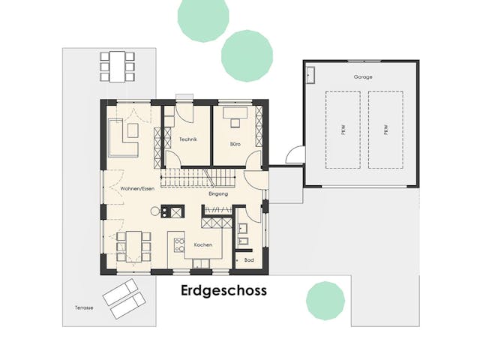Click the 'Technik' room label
187,139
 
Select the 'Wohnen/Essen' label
124,188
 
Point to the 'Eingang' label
218,194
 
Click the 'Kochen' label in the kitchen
202,245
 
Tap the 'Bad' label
249,259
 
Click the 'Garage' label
363,77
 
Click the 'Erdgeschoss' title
223,290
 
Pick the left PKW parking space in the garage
343,130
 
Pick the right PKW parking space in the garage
385,130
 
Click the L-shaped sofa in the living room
124,136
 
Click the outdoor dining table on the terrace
118,65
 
